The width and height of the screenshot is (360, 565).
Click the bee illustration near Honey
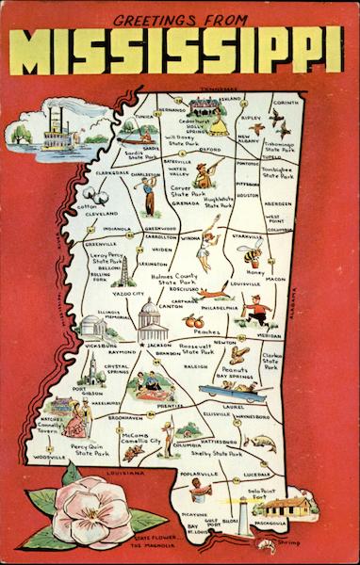click(252, 253)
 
